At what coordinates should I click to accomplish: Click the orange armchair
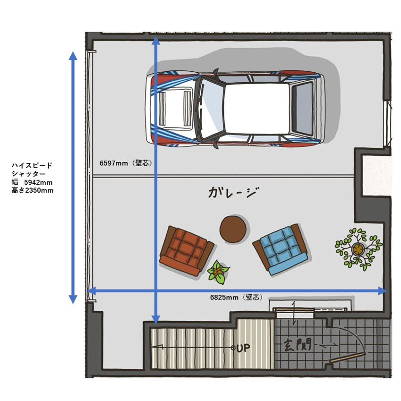[187, 251]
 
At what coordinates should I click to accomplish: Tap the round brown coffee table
[233, 229]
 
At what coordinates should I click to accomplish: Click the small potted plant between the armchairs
[218, 273]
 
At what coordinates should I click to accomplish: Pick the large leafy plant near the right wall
[358, 249]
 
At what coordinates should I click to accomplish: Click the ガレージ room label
[234, 193]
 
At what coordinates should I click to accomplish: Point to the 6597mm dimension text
[113, 163]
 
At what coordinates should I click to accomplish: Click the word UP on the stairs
[243, 348]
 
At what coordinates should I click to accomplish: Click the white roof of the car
[257, 109]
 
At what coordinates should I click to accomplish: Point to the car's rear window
[303, 109]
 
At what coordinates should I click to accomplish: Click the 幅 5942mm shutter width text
[32, 182]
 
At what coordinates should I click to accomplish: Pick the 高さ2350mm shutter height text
[33, 190]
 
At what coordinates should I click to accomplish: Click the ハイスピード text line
[32, 165]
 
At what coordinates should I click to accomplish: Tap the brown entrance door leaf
[347, 358]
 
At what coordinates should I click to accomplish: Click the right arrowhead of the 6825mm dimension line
[382, 291]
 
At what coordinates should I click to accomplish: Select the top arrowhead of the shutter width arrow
[73, 55]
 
